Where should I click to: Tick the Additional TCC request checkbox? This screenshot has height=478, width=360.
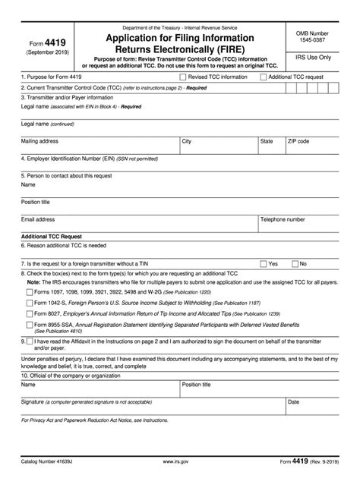click(263, 77)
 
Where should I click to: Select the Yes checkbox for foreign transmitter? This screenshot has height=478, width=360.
click(263, 263)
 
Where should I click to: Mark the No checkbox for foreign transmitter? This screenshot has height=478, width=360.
click(294, 263)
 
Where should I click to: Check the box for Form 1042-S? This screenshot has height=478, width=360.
click(29, 301)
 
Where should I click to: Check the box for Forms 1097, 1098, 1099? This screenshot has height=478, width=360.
click(29, 291)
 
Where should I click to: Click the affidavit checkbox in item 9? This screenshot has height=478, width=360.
click(29, 341)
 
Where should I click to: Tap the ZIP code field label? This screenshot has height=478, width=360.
click(298, 141)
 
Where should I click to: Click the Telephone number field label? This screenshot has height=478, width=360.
click(283, 219)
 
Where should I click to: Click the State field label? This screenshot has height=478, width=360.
click(267, 141)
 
